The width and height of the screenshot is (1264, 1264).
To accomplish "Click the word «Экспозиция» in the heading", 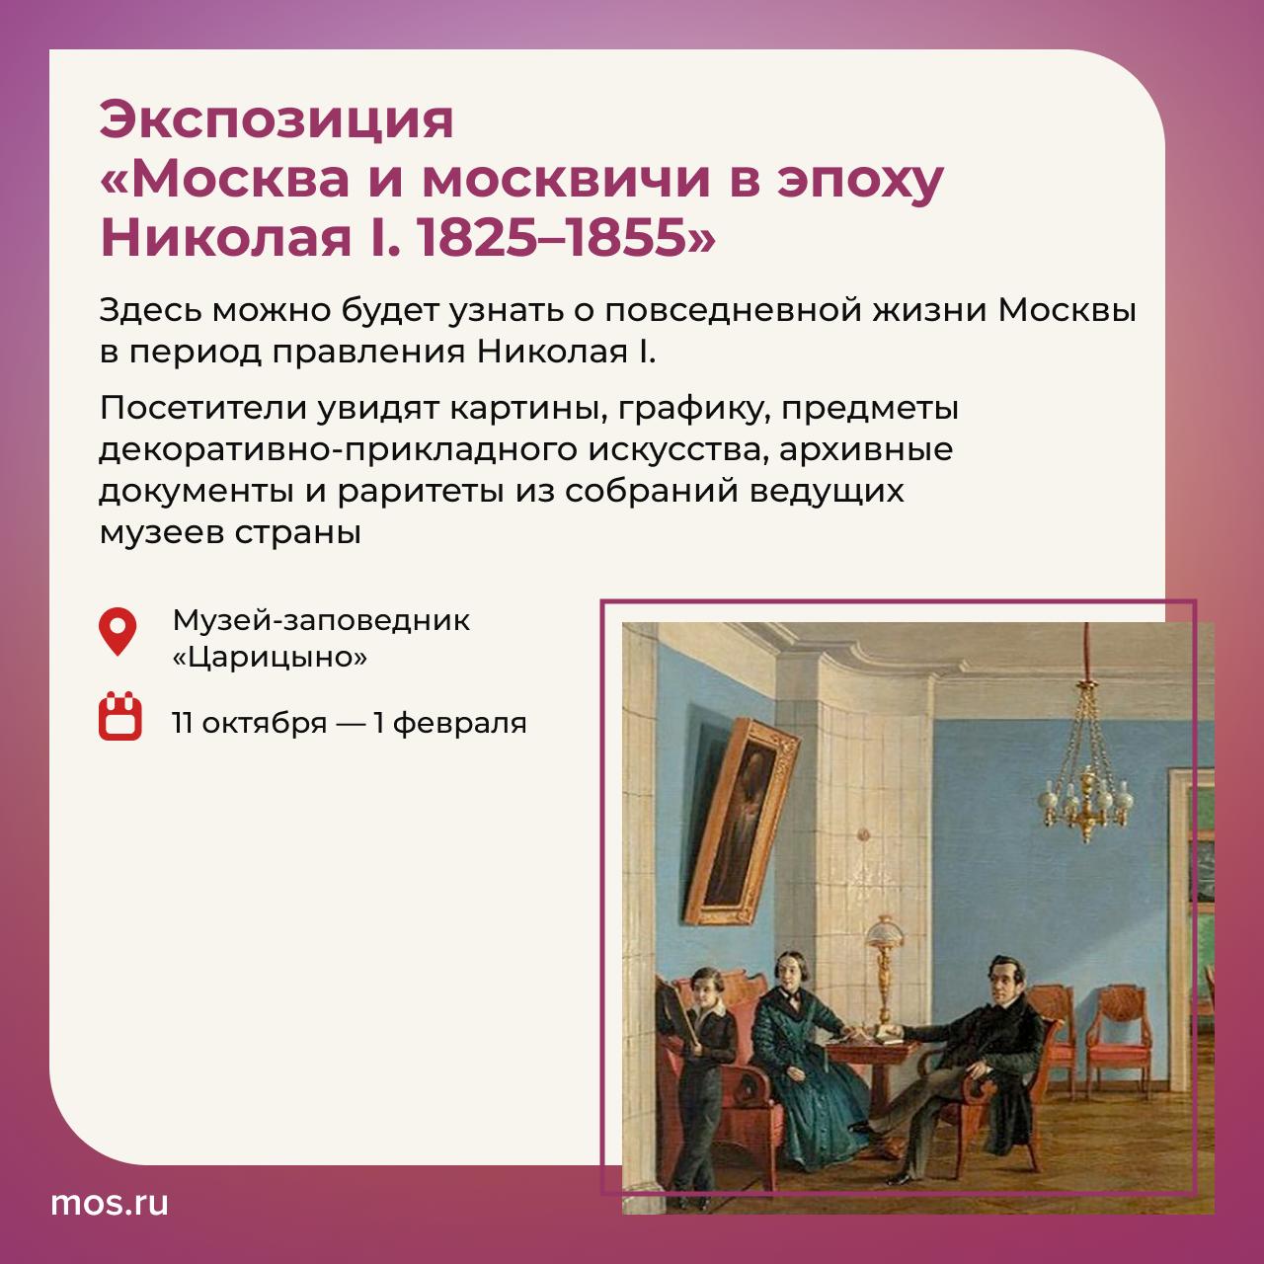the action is (x=276, y=120).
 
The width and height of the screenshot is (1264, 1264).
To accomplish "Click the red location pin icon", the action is (x=118, y=631).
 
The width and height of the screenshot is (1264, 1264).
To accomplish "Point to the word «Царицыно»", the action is (x=270, y=657).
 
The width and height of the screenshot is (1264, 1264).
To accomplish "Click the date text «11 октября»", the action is (x=249, y=723).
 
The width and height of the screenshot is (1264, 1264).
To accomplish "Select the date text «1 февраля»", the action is (x=450, y=723).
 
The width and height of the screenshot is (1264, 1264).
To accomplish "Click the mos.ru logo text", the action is (x=110, y=1203).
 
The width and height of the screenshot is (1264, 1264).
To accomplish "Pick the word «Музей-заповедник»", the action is (x=321, y=620).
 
